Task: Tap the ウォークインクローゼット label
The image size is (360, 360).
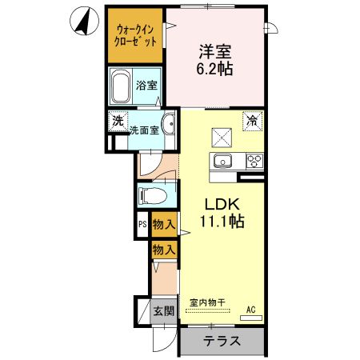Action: coord(134,34)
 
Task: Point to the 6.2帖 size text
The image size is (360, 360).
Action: coord(215,70)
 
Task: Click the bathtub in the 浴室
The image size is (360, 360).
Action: coord(121,85)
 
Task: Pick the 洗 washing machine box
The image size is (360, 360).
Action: coord(118,122)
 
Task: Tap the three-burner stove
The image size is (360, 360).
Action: coord(254,161)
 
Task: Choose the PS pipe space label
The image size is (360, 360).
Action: coord(142,226)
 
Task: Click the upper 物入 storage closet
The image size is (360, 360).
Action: coord(164,226)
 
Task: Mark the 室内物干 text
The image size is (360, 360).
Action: coord(207,302)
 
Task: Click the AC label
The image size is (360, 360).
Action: coord(250,309)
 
